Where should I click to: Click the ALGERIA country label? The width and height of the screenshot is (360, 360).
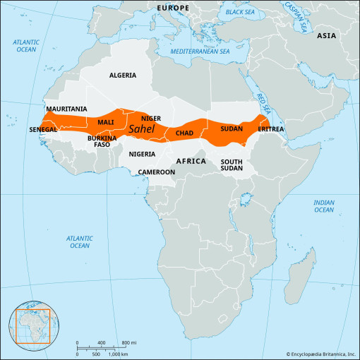[123, 74]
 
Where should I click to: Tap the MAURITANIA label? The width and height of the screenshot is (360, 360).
[66, 109]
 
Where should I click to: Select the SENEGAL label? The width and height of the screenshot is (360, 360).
[43, 130]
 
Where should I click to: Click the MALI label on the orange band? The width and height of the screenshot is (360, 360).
[105, 122]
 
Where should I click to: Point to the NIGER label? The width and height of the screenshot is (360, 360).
[151, 118]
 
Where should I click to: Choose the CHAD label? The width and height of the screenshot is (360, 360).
[184, 133]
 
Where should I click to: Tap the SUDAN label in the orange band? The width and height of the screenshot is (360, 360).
[232, 128]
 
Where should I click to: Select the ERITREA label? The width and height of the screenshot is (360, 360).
[271, 129]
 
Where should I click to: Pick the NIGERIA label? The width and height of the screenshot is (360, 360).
[142, 153]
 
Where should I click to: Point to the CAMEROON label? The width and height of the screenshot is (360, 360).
[156, 172]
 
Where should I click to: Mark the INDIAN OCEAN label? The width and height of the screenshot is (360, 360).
[324, 205]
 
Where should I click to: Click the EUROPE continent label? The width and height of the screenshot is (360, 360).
[173, 8]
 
